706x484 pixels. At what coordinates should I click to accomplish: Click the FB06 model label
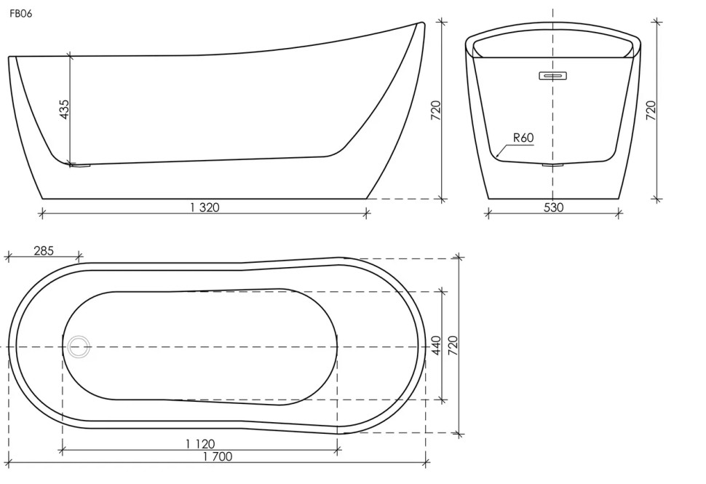[20, 14]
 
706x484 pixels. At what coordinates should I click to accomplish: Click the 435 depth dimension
[64, 109]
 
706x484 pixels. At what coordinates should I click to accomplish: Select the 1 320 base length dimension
[205, 207]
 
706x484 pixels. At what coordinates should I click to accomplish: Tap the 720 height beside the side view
[435, 111]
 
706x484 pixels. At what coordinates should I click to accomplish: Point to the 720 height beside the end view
[651, 111]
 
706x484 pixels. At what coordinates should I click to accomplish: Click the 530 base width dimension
[553, 207]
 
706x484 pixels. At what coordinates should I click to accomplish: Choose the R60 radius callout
[523, 138]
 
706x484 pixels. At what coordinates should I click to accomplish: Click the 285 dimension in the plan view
[44, 250]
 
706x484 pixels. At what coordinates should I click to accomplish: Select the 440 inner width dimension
[436, 345]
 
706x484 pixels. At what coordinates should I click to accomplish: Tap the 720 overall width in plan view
[453, 345]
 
